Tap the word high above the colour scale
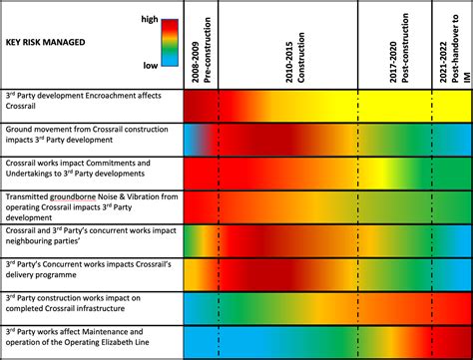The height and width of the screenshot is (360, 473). click(149, 18)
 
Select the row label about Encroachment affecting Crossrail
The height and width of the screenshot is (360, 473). click(90, 106)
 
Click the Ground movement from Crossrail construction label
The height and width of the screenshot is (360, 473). click(90, 139)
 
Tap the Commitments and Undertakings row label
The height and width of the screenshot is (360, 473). click(90, 173)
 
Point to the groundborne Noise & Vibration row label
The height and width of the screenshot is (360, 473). click(90, 206)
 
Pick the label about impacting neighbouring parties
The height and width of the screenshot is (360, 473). click(90, 240)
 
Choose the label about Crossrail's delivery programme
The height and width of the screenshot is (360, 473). click(90, 273)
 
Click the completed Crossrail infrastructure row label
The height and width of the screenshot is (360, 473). click(90, 307)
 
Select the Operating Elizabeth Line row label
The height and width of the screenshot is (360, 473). click(90, 340)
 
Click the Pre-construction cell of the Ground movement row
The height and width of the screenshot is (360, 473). click(200, 139)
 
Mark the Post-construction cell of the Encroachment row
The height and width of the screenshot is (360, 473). click(394, 106)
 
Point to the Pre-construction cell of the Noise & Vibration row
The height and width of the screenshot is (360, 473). click(200, 206)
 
